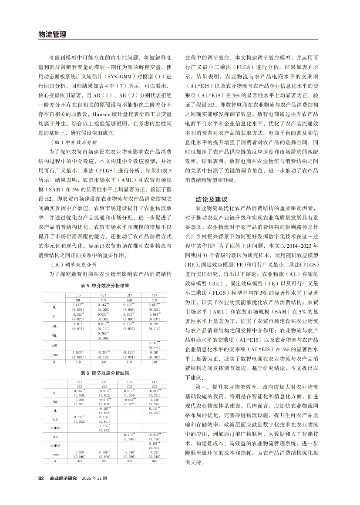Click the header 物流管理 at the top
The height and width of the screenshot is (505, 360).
(53, 34)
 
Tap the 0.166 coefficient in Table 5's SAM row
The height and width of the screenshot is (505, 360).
(155, 343)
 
